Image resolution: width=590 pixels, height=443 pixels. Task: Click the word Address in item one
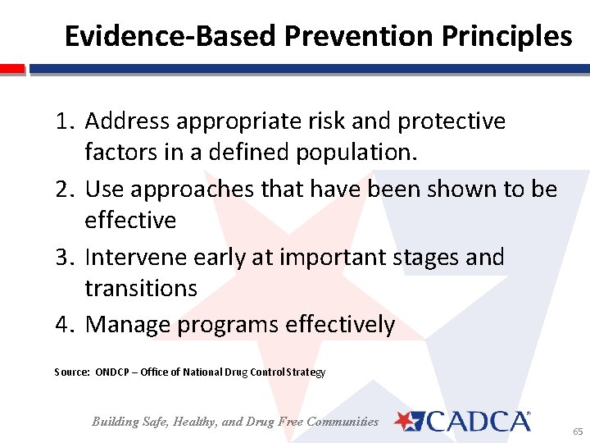click(127, 121)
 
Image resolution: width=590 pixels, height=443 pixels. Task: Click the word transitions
click(141, 289)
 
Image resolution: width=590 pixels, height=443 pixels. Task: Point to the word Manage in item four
click(128, 325)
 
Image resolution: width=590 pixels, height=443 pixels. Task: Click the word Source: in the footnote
click(72, 372)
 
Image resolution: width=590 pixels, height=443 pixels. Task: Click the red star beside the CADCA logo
click(406, 421)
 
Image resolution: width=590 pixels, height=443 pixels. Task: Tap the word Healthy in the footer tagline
click(192, 422)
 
